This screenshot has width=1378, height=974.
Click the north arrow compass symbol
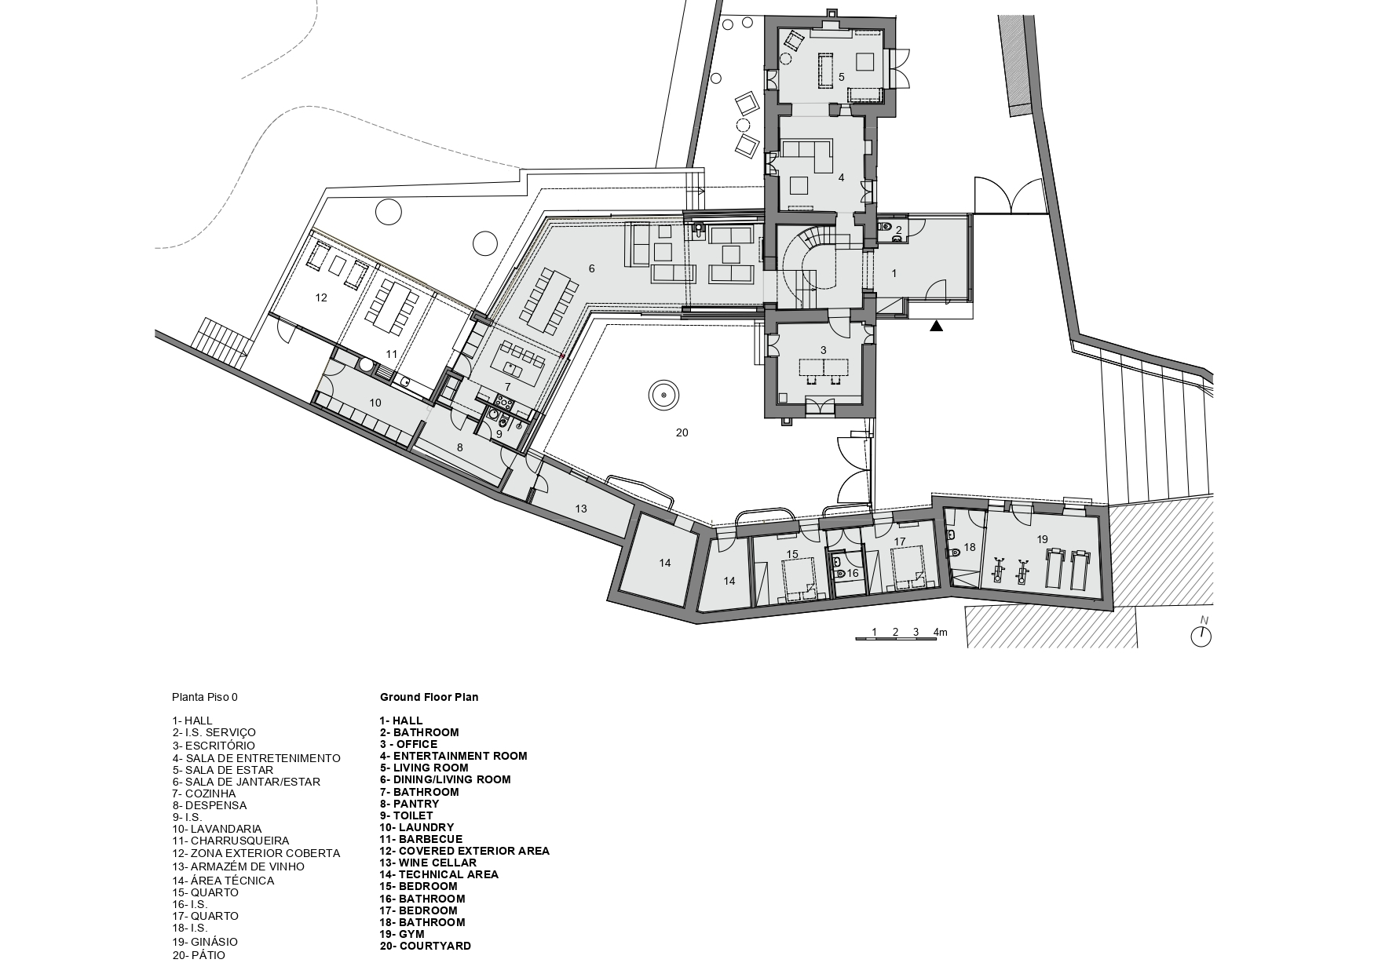[x=1201, y=635]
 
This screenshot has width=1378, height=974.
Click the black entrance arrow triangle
[x=936, y=326]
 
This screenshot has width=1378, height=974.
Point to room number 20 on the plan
[x=682, y=432]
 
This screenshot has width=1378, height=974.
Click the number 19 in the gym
[x=1042, y=539]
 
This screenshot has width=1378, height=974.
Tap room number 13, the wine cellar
[x=581, y=509]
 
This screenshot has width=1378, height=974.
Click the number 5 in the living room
[x=841, y=77]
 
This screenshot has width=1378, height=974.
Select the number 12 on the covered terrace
[x=320, y=297]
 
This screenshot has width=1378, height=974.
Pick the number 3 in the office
[x=823, y=350]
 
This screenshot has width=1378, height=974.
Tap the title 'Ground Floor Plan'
[x=429, y=697]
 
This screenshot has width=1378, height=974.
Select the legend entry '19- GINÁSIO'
[x=204, y=942]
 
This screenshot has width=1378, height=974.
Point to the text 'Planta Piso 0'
[x=204, y=697]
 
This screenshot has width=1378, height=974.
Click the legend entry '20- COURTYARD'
[x=425, y=946]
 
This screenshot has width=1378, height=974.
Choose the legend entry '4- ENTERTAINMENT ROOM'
[x=453, y=757]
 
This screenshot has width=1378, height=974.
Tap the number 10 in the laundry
[x=375, y=403]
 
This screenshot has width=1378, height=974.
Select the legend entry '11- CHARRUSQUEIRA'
[x=231, y=841]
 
